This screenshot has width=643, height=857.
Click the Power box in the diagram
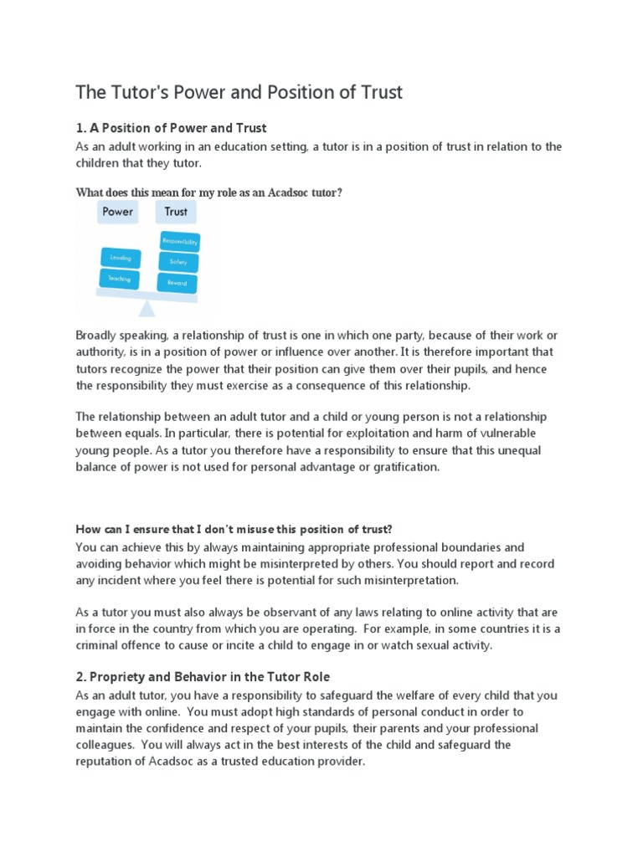pyautogui.click(x=117, y=212)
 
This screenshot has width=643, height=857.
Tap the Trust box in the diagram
pyautogui.click(x=176, y=212)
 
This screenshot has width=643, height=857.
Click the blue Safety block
pyautogui.click(x=177, y=262)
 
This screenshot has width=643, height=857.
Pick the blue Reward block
pyautogui.click(x=177, y=283)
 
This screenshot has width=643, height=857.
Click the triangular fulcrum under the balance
pyautogui.click(x=147, y=308)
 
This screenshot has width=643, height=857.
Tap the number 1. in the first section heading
pyautogui.click(x=81, y=128)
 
